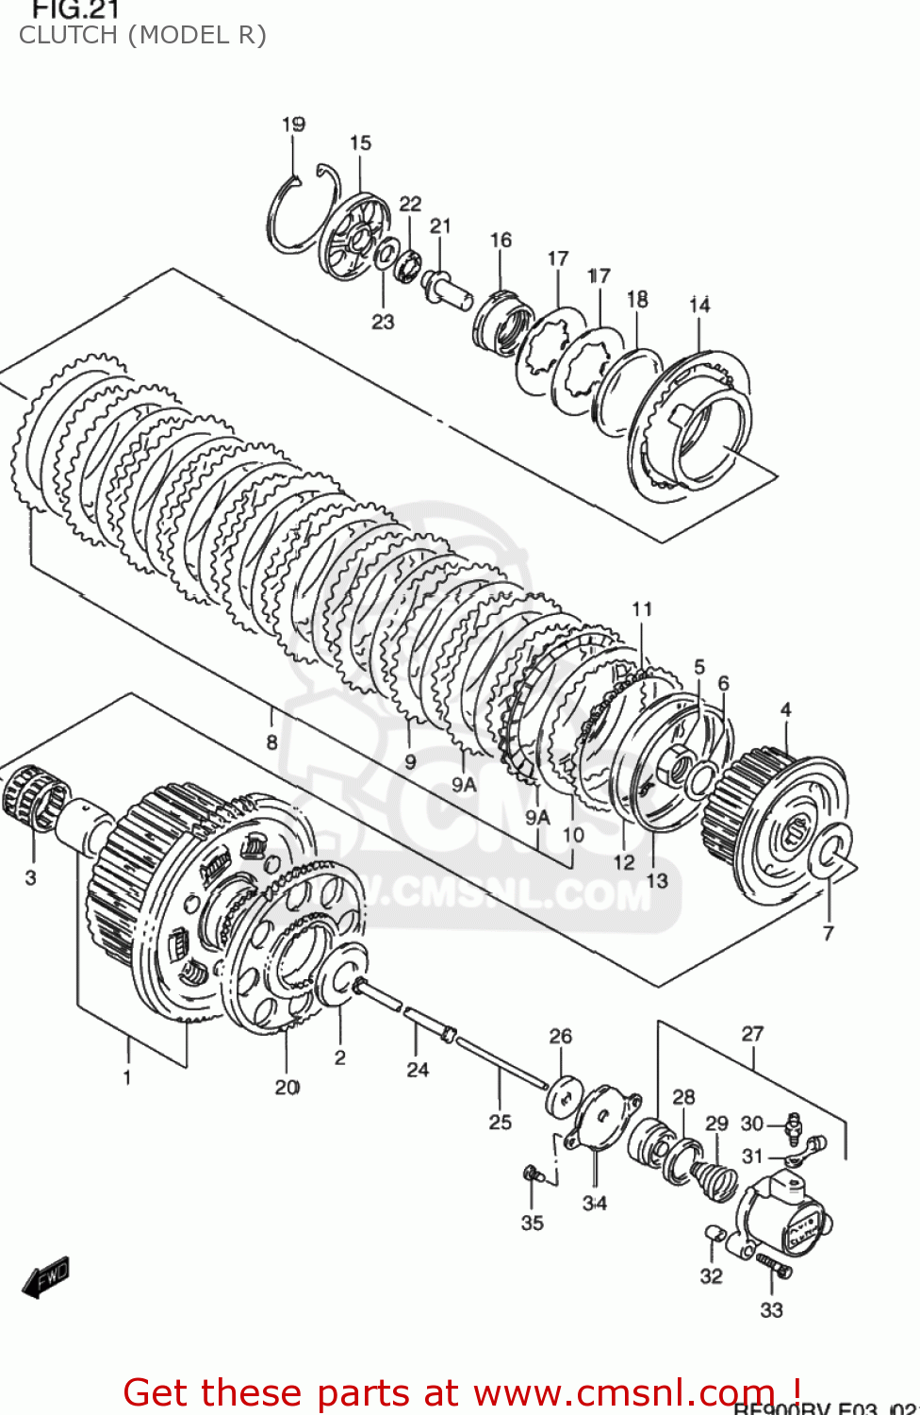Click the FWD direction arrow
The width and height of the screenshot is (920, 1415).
[x=45, y=1277]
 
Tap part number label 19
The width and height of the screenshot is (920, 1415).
[x=293, y=125]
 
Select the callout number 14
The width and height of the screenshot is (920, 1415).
[x=699, y=305]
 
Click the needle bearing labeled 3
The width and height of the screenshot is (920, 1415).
[x=35, y=796]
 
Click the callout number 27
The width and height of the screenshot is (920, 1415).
[x=752, y=1034]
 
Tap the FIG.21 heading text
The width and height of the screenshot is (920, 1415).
[x=75, y=10]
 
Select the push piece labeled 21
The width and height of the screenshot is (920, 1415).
[x=447, y=287]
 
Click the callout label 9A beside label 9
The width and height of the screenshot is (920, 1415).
[x=464, y=784]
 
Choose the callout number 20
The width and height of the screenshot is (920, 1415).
[x=287, y=1088]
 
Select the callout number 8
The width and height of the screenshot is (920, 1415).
[x=271, y=742]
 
